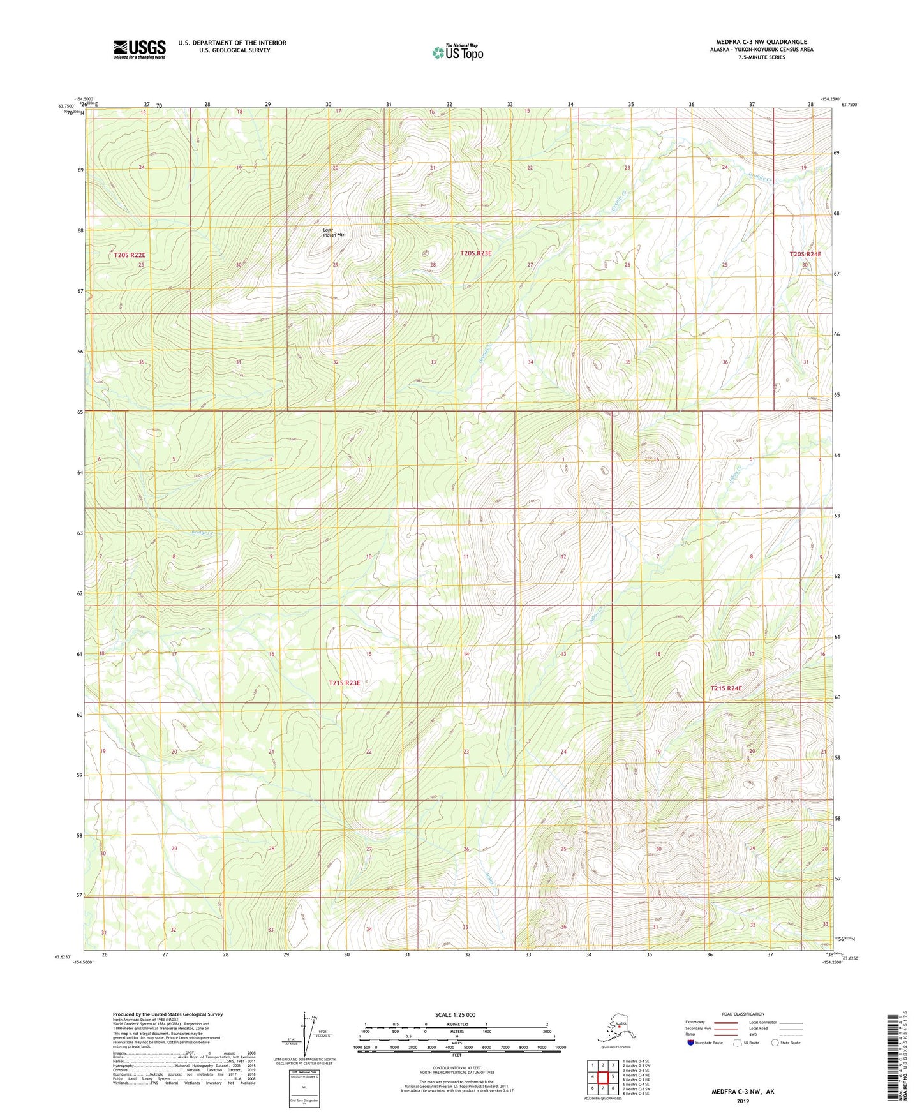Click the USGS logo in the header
tap(139, 49)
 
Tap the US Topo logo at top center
tap(457, 52)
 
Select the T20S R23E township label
tap(475, 253)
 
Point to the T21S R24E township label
tap(726, 688)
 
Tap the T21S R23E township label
tap(345, 683)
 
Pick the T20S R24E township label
tap(805, 254)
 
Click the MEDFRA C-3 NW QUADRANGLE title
tap(761, 42)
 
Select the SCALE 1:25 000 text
tap(455, 1014)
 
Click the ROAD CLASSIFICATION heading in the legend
tap(743, 1014)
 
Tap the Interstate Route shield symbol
tap(691, 1043)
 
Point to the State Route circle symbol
tap(775, 1043)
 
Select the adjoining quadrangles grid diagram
tap(602, 1077)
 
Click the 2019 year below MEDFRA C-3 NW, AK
tap(743, 1101)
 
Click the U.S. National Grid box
tap(304, 1088)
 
